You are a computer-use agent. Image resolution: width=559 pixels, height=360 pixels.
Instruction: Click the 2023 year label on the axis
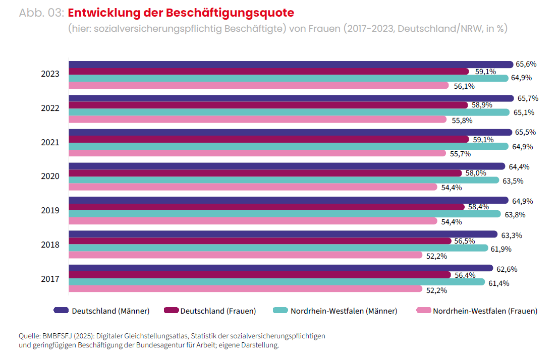click(50, 74)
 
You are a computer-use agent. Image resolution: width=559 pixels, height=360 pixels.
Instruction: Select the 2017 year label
click(50, 279)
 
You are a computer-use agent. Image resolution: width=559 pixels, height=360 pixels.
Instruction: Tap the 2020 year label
click(50, 176)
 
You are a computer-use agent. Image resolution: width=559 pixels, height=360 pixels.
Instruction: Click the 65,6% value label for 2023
click(526, 64)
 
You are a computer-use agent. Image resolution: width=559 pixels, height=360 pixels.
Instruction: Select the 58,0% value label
click(476, 173)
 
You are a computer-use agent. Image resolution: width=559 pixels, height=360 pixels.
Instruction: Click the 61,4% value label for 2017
click(498, 283)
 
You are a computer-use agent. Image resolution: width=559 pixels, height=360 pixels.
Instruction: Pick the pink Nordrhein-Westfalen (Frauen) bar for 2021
click(257, 153)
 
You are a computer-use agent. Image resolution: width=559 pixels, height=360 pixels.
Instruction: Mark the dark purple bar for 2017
click(281, 268)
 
